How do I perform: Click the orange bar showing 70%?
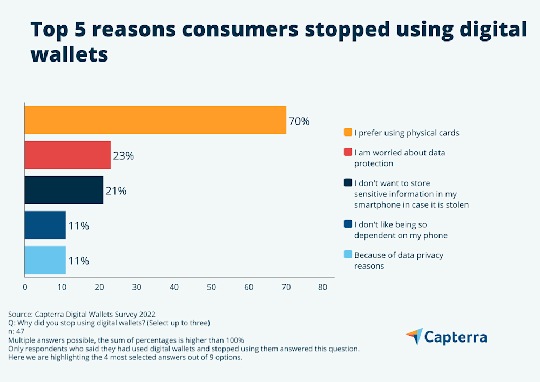(x=155, y=120)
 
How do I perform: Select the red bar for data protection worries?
(x=67, y=155)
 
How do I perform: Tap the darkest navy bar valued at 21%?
(x=64, y=190)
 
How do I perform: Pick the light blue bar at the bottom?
(x=45, y=261)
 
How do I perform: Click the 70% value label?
(x=299, y=121)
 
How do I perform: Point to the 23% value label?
(x=123, y=156)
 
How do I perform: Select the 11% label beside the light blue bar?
(x=78, y=261)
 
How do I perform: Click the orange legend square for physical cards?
(x=348, y=132)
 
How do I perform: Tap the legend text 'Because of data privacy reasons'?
(x=399, y=260)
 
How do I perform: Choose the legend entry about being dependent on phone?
(x=401, y=230)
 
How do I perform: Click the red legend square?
(x=348, y=153)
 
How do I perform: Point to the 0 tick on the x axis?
(x=25, y=288)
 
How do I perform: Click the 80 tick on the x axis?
(x=322, y=288)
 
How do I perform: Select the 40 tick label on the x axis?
(x=174, y=288)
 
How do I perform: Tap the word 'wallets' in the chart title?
(x=69, y=54)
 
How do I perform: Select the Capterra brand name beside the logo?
(x=455, y=337)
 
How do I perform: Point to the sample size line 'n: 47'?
(x=17, y=331)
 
